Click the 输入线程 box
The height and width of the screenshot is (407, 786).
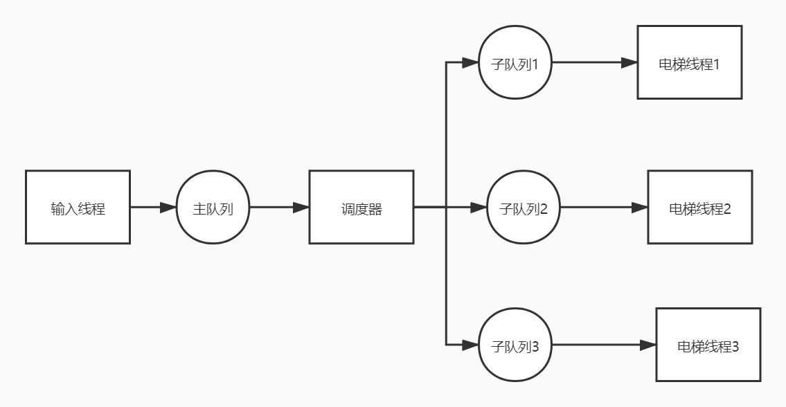coord(78,208)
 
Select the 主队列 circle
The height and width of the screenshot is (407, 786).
coord(213,208)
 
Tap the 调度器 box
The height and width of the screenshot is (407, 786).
coord(361,208)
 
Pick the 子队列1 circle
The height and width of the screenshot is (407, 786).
coord(515,64)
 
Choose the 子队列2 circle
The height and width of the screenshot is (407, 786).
coord(523,208)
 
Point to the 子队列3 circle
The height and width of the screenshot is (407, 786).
coord(515,345)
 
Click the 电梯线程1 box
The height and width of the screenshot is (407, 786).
coord(689,63)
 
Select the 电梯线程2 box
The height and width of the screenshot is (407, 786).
coord(699,208)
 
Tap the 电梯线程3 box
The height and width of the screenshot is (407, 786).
coord(708,345)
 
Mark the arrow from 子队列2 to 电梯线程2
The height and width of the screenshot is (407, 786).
coord(600,207)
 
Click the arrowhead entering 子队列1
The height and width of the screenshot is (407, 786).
coord(471,63)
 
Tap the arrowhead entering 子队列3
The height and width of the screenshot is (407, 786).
coord(471,345)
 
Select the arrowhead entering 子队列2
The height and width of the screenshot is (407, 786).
coord(481,207)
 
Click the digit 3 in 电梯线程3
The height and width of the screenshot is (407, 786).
coord(735,346)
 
